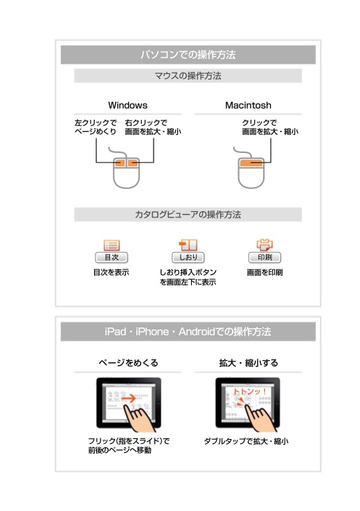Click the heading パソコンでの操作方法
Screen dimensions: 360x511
coord(188,55)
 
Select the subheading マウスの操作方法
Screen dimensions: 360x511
coord(188,76)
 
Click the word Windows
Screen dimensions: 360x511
coord(127,105)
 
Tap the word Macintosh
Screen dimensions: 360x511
coord(249,105)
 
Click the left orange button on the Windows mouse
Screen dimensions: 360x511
coord(119,162)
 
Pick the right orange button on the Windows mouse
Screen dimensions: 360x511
coord(133,162)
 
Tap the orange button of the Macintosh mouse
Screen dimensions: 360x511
coord(251,163)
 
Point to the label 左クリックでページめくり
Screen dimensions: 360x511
coord(96,127)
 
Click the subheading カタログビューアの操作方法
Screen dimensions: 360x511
coord(188,215)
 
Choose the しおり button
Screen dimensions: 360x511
coord(188,258)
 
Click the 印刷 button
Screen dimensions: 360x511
coord(264,258)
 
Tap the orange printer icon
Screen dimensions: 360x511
coord(264,244)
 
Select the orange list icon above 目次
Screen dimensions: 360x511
coord(111,245)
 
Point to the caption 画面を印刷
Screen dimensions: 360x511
coord(264,272)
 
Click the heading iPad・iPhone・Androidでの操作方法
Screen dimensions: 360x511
coord(188,332)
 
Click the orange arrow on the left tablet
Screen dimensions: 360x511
coord(129,398)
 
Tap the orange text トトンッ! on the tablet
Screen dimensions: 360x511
coord(250,392)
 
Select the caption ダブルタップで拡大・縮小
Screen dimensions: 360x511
coord(246,441)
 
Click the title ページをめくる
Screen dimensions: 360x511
coord(128,363)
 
